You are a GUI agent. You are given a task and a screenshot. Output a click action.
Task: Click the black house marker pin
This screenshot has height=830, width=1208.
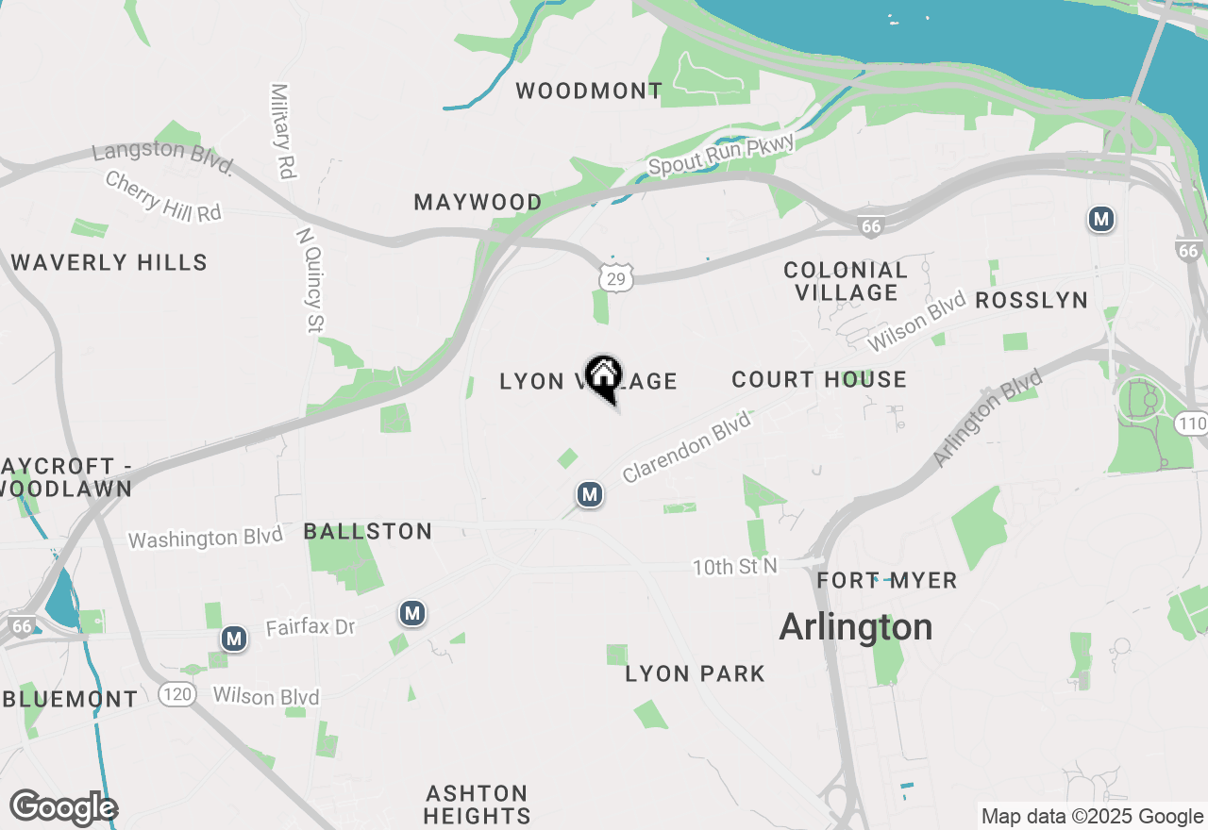(604, 377)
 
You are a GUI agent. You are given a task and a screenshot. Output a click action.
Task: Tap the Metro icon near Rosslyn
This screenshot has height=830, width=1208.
(1100, 220)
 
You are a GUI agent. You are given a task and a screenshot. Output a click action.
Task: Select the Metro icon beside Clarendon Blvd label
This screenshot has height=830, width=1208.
(590, 493)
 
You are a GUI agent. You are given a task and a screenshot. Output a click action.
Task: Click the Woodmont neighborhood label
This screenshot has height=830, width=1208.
(589, 91)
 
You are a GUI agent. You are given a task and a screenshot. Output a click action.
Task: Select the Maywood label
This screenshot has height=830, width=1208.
(478, 202)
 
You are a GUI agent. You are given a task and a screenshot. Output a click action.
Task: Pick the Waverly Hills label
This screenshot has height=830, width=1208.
(109, 262)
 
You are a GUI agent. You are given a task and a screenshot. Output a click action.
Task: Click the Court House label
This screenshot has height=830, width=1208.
(818, 379)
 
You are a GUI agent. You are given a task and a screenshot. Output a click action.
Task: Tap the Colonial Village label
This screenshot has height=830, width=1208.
(846, 281)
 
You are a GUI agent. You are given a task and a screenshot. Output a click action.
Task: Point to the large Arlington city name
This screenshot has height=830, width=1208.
(856, 627)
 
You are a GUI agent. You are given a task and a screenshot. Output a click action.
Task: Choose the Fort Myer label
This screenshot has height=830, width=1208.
(887, 580)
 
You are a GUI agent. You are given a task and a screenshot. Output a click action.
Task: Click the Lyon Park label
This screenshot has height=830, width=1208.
(695, 673)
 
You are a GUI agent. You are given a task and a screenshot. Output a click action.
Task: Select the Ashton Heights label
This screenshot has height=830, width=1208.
(477, 804)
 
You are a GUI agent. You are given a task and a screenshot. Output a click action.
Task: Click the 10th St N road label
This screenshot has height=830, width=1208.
(734, 567)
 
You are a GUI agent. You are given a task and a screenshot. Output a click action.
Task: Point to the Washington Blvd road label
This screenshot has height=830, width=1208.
(206, 538)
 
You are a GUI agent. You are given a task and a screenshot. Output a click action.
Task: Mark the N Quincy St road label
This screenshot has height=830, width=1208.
(310, 280)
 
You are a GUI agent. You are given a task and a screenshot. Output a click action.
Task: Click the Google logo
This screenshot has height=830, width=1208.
(63, 807)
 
